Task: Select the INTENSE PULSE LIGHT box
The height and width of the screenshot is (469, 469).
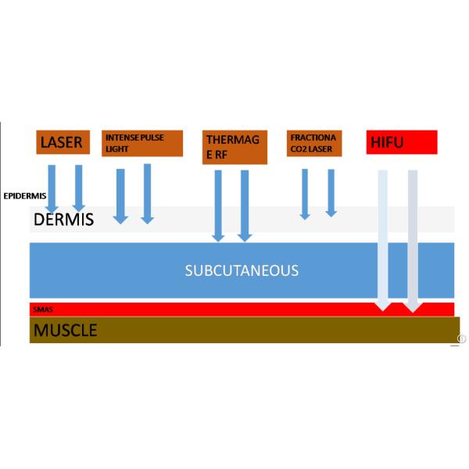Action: click(x=141, y=143)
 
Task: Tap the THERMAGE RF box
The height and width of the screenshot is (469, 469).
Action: click(x=234, y=147)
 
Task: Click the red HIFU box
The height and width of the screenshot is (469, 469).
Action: click(x=401, y=142)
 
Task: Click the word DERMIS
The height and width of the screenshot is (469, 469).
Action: click(x=63, y=219)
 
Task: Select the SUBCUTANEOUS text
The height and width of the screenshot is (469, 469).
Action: click(x=242, y=270)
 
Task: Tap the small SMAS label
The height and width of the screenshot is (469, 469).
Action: click(x=42, y=310)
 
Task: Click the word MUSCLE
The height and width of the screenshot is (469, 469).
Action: click(x=65, y=330)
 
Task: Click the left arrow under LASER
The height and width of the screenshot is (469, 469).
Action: click(x=52, y=188)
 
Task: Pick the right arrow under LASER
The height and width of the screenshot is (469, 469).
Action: click(x=78, y=188)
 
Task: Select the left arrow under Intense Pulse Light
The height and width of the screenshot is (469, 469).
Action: click(x=120, y=195)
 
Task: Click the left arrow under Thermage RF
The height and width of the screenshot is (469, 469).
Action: click(x=218, y=205)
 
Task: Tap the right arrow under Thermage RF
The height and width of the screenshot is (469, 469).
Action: click(x=245, y=205)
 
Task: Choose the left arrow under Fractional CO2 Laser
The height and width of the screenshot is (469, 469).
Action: click(x=305, y=194)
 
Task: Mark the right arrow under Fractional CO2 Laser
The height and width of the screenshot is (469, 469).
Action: click(x=331, y=192)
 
